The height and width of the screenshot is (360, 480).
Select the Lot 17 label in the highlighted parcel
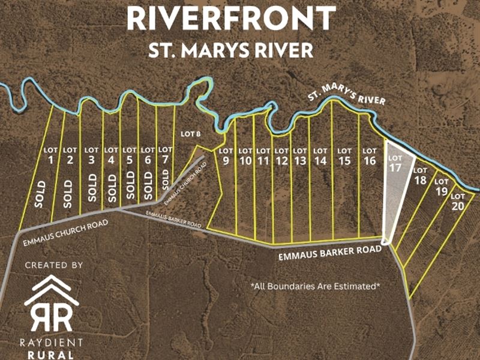(394, 164)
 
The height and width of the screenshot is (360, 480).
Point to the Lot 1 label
(51, 155)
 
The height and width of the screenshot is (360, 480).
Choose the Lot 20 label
(458, 201)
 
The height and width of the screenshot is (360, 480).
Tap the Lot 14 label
(320, 156)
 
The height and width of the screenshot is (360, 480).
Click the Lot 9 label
(226, 156)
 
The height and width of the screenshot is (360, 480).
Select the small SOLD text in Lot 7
(166, 178)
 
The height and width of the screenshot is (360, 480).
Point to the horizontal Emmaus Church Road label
(65, 233)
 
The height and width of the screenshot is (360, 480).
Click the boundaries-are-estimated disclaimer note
(315, 286)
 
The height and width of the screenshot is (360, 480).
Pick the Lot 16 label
(370, 156)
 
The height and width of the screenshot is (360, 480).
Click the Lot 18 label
(420, 176)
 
